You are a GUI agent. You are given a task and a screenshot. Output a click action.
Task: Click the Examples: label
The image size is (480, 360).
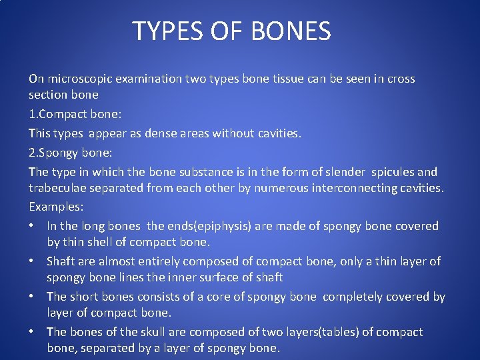55,207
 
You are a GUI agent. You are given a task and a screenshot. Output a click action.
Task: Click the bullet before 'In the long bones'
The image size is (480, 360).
32,226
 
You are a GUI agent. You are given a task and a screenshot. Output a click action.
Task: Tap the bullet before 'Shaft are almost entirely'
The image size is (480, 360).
32,261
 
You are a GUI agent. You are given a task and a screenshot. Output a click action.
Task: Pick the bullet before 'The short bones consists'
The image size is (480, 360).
32,297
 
